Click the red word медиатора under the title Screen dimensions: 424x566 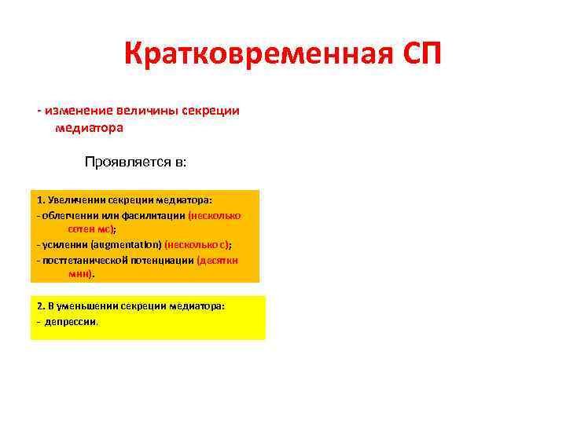(x=90, y=126)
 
